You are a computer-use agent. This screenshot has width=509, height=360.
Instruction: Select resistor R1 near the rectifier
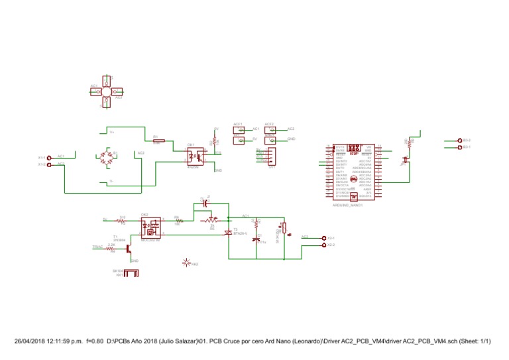point(159,141)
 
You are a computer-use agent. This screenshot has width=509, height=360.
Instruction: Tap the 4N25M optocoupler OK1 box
point(195,156)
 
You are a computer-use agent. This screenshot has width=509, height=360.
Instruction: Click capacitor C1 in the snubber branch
point(257,239)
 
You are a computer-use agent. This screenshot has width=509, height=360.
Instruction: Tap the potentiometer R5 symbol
point(212,219)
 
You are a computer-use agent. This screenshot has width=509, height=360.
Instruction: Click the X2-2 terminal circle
point(323,245)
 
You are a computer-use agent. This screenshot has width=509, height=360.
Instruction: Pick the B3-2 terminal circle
point(460,141)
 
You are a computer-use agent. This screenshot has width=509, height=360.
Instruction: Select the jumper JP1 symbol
point(406,160)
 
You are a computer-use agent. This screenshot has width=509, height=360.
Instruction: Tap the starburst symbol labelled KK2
point(186,263)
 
